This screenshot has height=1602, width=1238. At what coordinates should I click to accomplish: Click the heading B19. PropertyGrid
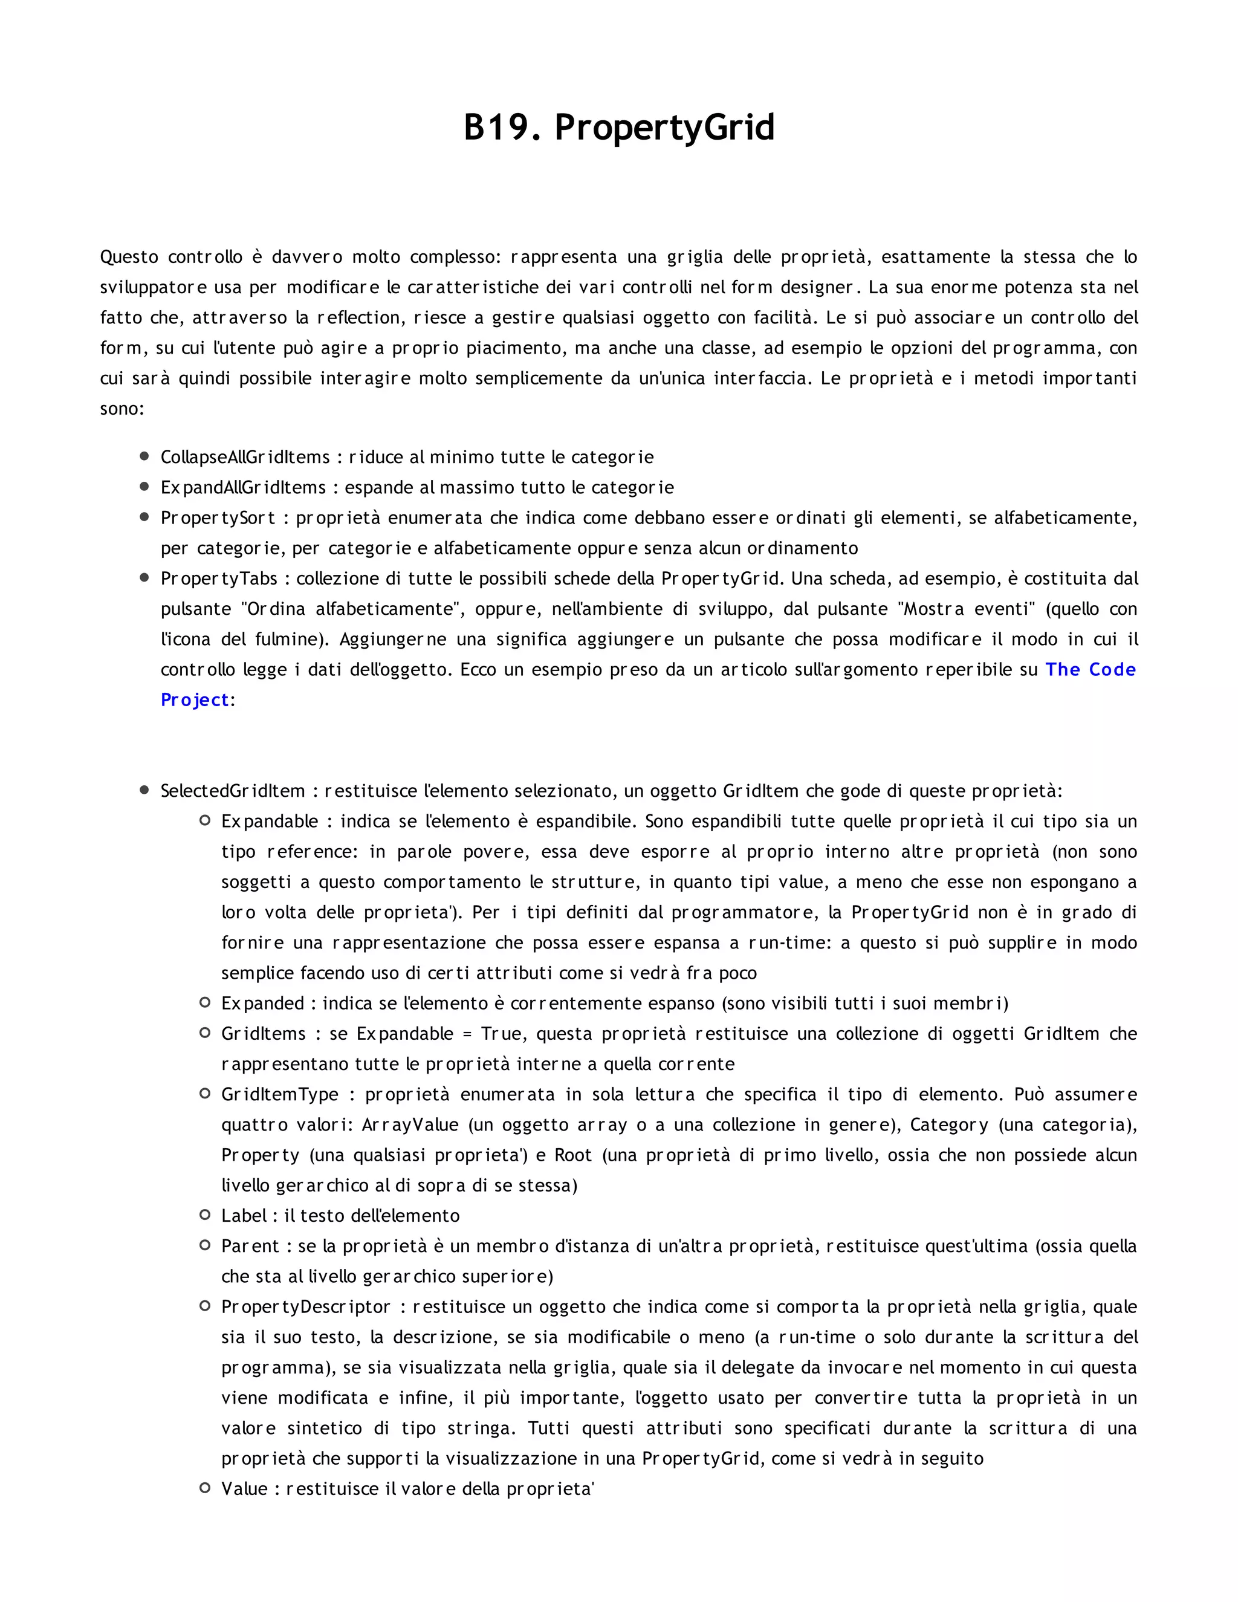tap(618, 127)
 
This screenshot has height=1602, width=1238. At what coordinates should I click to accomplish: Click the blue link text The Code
tap(1090, 669)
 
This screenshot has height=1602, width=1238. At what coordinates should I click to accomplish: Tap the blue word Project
tap(195, 700)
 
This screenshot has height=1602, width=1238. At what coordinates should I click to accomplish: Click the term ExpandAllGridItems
tap(243, 487)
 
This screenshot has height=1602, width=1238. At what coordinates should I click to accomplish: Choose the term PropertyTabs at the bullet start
tap(219, 578)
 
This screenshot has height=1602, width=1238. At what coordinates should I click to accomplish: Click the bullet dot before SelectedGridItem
tap(144, 790)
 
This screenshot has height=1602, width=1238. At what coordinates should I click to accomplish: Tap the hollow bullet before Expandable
tap(206, 820)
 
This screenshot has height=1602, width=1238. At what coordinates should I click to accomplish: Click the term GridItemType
tap(279, 1094)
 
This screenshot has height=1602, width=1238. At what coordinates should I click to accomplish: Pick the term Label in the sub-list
tap(244, 1216)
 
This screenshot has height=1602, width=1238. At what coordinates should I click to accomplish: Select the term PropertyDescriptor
tap(306, 1306)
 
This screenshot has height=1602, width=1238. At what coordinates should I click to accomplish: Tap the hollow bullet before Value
tap(206, 1488)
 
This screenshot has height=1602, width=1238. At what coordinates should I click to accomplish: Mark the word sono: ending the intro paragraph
tap(122, 409)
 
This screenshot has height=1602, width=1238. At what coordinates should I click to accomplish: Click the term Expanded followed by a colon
tap(262, 1003)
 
